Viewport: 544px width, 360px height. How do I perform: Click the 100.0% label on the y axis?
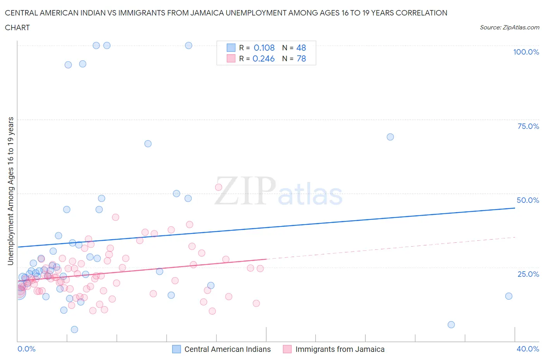[526, 52]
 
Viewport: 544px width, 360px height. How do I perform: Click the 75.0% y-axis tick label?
[528, 126]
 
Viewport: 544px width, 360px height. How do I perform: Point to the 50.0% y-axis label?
[528, 200]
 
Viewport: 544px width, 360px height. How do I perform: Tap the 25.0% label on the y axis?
[528, 274]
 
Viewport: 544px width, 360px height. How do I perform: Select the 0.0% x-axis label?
[26, 349]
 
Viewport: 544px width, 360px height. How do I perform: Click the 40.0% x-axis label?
[528, 349]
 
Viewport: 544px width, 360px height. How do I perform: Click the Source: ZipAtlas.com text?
[509, 27]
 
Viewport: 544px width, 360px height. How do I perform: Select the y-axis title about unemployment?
[11, 191]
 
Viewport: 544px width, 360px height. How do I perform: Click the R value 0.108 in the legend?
[264, 48]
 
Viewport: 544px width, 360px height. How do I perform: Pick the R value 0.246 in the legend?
[263, 58]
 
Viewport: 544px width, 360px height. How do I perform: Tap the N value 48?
[301, 48]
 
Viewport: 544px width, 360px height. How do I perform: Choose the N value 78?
[301, 58]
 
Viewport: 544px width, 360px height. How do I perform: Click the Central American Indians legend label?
[228, 349]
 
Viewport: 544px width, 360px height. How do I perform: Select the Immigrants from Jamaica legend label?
[340, 349]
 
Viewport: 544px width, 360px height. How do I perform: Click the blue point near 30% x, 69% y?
[390, 137]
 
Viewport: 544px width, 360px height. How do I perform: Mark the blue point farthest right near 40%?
[508, 296]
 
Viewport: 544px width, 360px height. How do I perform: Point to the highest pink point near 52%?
[218, 187]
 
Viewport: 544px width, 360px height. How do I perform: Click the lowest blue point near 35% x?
[451, 325]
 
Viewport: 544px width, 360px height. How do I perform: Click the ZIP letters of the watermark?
[245, 191]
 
